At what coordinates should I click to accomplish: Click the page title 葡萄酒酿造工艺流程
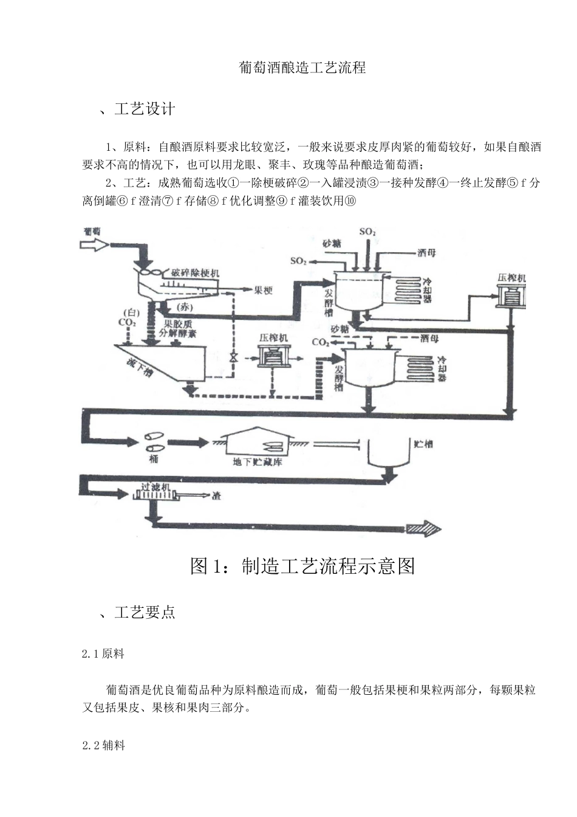[x=302, y=67]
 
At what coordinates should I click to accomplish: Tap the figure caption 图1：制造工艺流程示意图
[x=302, y=566]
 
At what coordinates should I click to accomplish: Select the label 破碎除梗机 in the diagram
[x=195, y=273]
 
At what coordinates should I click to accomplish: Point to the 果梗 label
[x=263, y=291]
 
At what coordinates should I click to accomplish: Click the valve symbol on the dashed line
[x=233, y=357]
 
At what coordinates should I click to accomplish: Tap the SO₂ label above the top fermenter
[x=367, y=232]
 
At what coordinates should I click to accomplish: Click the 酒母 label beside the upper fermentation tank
[x=426, y=253]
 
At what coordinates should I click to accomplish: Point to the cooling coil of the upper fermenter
[x=407, y=289]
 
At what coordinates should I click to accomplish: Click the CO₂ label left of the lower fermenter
[x=320, y=342]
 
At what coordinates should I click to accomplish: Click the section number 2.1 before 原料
[x=91, y=654]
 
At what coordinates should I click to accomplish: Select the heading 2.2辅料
[x=104, y=745]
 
